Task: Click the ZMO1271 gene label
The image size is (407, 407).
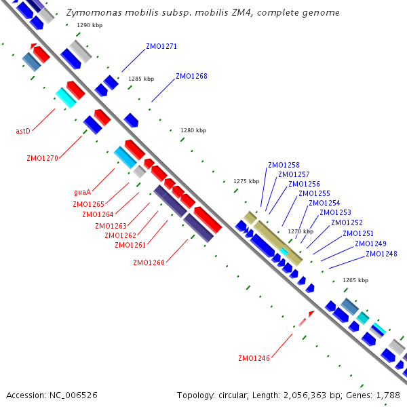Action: click(161, 47)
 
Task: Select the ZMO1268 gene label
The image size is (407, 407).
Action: click(191, 76)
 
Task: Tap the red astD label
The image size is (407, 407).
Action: click(23, 131)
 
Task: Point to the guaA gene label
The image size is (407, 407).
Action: click(82, 192)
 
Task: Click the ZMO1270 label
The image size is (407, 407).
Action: click(42, 158)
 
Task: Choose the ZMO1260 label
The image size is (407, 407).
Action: click(149, 263)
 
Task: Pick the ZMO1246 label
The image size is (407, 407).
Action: click(254, 358)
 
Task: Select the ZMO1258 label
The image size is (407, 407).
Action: click(284, 165)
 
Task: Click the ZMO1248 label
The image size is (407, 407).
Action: click(381, 254)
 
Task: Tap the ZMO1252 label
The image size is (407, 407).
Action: click(347, 223)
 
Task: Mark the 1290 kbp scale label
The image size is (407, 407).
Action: click(90, 25)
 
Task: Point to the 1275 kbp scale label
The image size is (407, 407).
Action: click(246, 181)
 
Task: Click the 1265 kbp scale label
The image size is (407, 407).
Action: click(355, 280)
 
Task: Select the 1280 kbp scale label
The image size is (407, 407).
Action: click(193, 130)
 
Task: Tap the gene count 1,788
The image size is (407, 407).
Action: click(389, 395)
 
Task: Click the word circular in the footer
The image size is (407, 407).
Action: click(241, 395)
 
